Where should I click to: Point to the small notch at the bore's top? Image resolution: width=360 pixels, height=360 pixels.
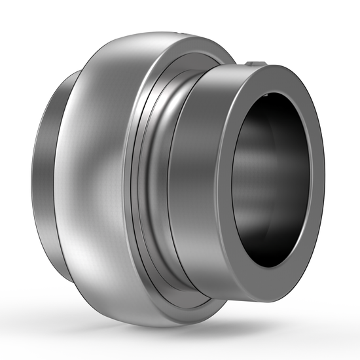click(270, 96)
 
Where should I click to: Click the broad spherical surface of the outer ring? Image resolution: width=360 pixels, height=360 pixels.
click(98, 164)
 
